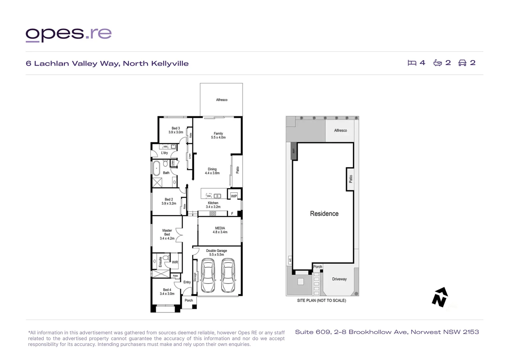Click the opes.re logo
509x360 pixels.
(69, 34)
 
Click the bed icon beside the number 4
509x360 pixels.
(412, 63)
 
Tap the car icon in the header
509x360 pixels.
(462, 63)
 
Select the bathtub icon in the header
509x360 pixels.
(437, 63)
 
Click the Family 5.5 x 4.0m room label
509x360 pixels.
(218, 135)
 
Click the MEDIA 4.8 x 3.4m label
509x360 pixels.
(220, 230)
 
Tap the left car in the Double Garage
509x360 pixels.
(209, 275)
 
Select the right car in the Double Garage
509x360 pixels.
(228, 275)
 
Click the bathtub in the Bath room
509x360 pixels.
(156, 168)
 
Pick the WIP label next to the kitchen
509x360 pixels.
(234, 196)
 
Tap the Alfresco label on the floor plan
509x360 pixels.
(222, 100)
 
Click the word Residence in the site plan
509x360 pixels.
(324, 214)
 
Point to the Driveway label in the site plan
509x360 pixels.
(339, 279)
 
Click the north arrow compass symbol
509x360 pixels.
(440, 297)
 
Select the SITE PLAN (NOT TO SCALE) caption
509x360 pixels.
(321, 300)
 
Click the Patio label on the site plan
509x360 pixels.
(350, 179)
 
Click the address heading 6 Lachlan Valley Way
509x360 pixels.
(107, 63)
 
